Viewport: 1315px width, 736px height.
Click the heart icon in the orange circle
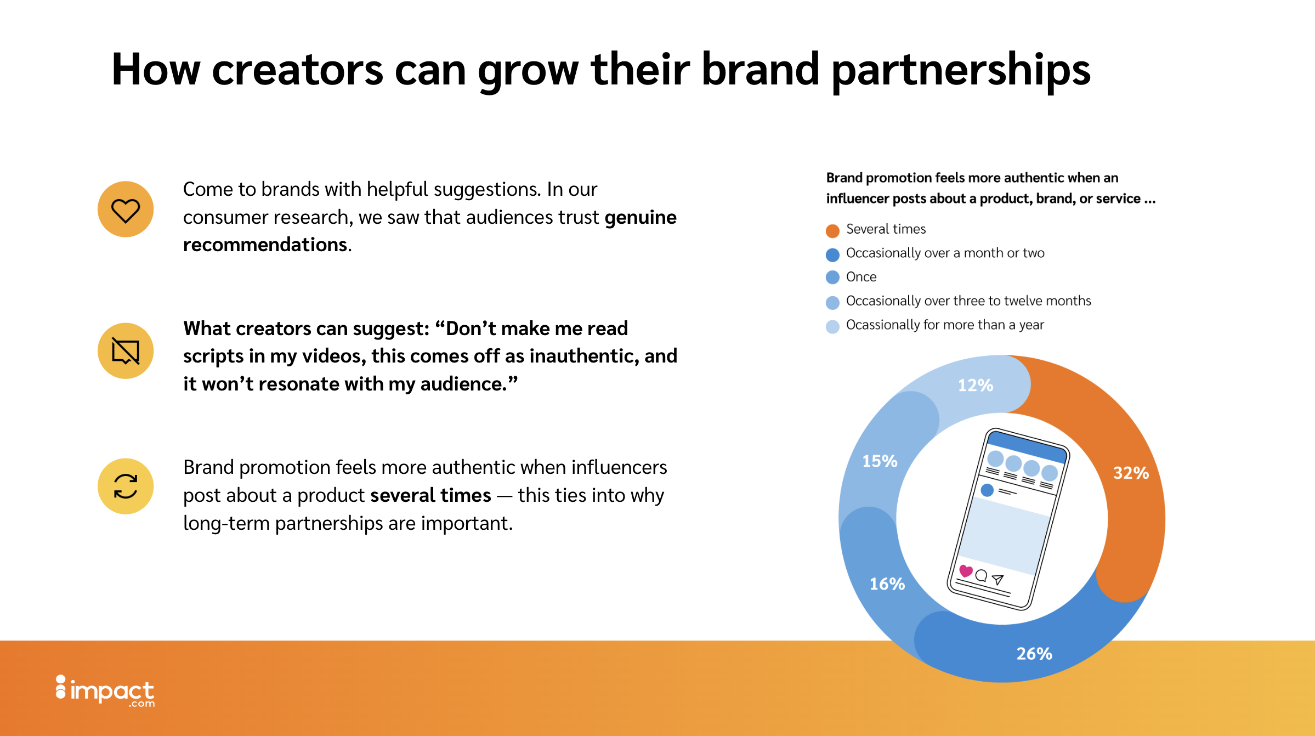(126, 210)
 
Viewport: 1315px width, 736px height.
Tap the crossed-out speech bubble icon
(126, 351)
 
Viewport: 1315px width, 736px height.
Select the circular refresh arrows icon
(126, 486)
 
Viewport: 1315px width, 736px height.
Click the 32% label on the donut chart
(1131, 473)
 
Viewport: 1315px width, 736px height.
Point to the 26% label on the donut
(1034, 653)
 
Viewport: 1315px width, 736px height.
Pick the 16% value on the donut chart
(887, 584)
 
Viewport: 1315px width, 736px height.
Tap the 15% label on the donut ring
(880, 461)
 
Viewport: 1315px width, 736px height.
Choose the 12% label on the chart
(976, 385)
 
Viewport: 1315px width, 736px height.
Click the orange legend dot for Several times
(832, 231)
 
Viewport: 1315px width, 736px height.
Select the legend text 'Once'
(861, 277)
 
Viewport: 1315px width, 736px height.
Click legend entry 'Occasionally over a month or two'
(945, 253)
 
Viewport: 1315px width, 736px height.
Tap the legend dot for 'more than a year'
(832, 327)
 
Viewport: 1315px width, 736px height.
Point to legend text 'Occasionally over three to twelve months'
(968, 301)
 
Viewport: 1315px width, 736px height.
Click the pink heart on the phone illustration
(966, 571)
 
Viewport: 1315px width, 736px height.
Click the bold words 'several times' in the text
(430, 495)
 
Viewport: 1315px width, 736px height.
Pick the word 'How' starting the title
(156, 70)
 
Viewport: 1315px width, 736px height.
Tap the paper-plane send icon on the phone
(998, 580)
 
